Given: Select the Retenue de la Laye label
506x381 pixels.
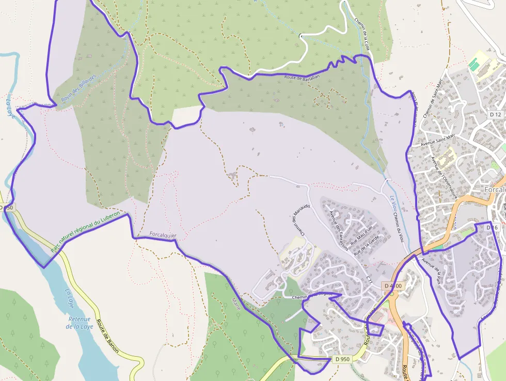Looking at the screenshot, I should pyautogui.click(x=78, y=323).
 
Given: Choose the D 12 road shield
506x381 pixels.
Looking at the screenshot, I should pyautogui.click(x=495, y=114).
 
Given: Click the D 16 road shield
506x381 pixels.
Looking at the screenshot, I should pyautogui.click(x=492, y=227).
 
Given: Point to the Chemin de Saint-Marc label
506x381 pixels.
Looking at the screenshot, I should pyautogui.click(x=433, y=99).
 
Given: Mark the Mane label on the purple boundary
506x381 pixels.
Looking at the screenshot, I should pyautogui.click(x=236, y=301).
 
